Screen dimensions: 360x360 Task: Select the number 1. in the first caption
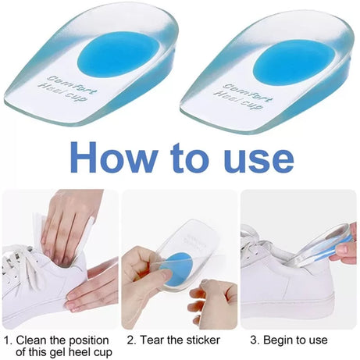coord(8,340)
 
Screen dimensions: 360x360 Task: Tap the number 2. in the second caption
coord(132,340)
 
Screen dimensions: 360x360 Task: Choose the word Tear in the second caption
coord(153,340)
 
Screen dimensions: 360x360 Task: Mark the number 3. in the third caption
coord(254,340)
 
